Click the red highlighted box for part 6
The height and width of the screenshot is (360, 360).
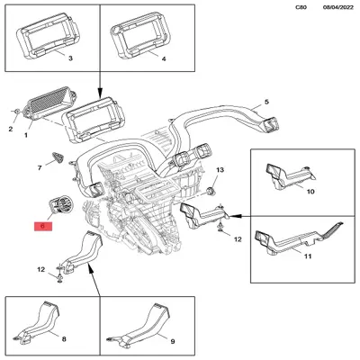[43, 226]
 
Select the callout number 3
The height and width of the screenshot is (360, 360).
[70, 58]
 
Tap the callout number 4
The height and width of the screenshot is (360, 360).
[164, 59]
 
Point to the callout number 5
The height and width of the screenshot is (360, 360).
[266, 102]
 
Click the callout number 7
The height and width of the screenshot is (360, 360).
[40, 168]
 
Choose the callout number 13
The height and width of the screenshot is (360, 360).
[220, 170]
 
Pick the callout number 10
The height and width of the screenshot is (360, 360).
[310, 192]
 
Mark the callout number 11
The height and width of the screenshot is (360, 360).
[308, 256]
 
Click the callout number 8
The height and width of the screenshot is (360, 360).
[64, 339]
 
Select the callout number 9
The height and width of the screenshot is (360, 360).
[172, 341]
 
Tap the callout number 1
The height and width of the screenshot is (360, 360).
[26, 136]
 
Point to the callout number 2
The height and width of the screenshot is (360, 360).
[11, 130]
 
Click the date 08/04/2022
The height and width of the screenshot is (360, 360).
[338, 7]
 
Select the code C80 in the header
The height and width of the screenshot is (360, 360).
[301, 7]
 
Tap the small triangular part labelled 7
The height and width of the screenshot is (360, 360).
[58, 157]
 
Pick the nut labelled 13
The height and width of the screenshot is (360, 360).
[211, 191]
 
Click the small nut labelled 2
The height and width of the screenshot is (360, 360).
[17, 112]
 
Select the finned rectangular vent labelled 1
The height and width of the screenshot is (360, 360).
[49, 103]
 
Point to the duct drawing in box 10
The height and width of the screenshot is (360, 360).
[289, 177]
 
